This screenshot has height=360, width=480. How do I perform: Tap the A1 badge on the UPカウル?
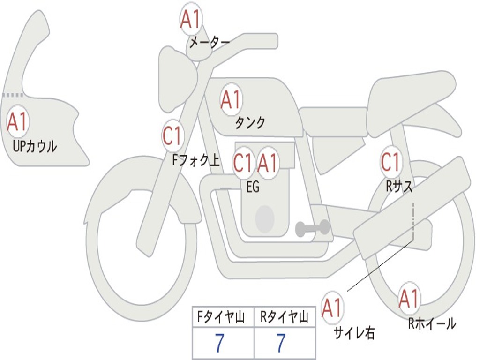(18, 122)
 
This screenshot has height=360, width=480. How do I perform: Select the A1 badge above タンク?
(231, 99)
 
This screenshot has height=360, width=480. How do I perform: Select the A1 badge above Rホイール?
(409, 299)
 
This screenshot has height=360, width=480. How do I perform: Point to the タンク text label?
(250, 123)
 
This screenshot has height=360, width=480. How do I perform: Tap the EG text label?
(253, 187)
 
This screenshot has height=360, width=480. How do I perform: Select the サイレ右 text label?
(354, 333)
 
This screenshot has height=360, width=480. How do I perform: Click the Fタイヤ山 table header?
(223, 318)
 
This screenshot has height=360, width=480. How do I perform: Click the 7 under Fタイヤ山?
(219, 344)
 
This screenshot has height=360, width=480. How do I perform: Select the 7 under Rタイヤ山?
(280, 344)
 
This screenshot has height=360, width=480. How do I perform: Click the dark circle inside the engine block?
(265, 218)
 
